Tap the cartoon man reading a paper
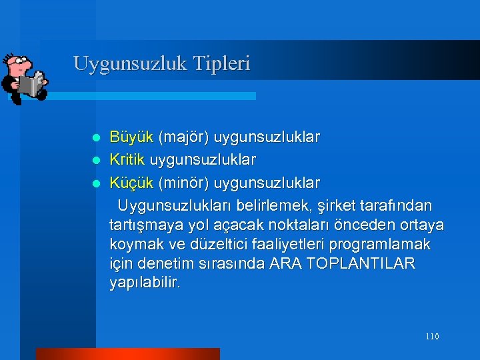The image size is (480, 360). click(24, 78)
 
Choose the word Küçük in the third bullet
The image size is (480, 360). click(131, 183)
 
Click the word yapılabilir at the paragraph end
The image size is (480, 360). click(145, 283)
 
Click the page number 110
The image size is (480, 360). click(431, 337)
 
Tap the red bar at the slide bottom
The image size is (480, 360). click(127, 354)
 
